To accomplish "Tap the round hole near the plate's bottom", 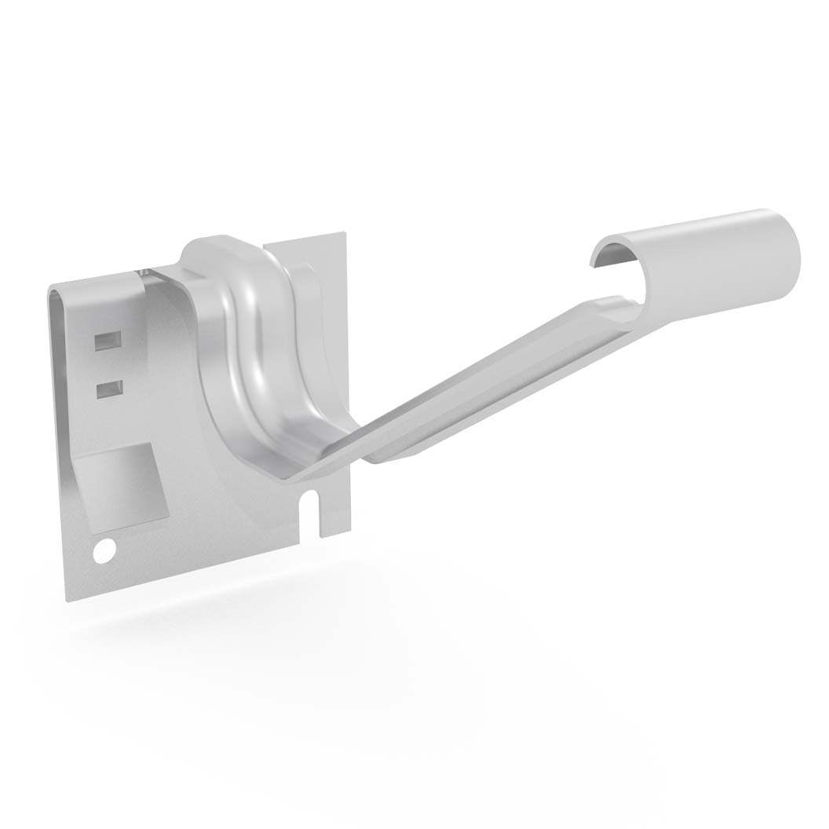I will click(x=102, y=550).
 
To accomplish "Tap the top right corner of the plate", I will click(x=344, y=234).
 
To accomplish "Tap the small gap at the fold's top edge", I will click(x=142, y=272).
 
